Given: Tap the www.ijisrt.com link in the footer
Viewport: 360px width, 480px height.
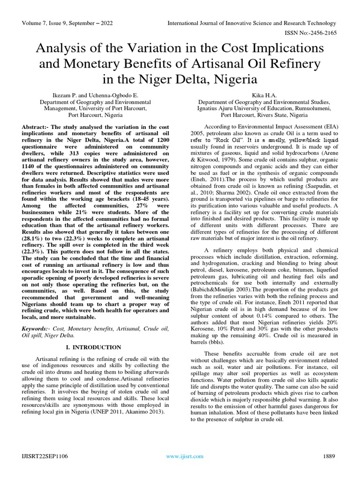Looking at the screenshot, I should pyautogui.click(x=185, y=456).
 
